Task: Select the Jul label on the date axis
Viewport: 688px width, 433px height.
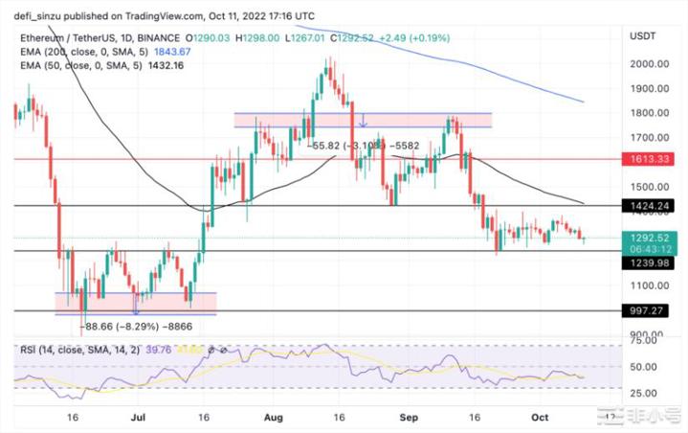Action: [x=139, y=419]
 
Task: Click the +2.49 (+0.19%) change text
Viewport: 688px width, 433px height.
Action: [x=411, y=36]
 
